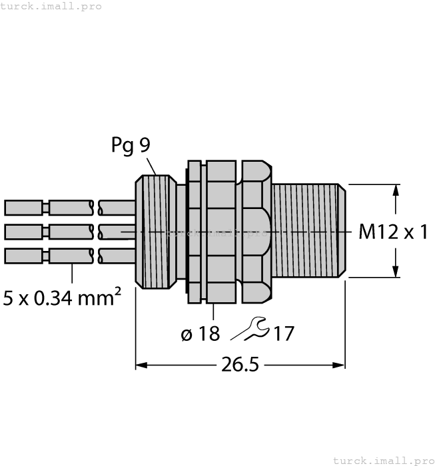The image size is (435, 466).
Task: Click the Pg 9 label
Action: point(131,146)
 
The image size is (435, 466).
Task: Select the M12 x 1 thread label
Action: point(392,232)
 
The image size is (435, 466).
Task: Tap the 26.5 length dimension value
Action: point(240,365)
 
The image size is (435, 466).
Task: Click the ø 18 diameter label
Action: point(200,334)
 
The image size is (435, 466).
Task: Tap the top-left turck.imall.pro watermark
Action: point(51,6)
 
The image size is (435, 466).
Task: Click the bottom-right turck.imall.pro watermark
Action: point(382,460)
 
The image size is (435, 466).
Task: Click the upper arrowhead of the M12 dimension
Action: point(396,190)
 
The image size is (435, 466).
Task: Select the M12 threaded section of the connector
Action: point(309,231)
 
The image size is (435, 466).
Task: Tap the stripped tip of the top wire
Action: point(24,208)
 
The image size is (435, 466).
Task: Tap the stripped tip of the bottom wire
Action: point(24,256)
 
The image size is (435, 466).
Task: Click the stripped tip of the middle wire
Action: point(24,232)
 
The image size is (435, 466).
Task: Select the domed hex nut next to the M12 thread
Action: point(256,231)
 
